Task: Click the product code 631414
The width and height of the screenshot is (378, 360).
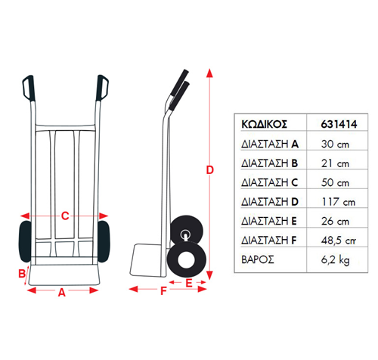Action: pyautogui.click(x=339, y=124)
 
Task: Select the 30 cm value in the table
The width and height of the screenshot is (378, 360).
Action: pyautogui.click(x=335, y=144)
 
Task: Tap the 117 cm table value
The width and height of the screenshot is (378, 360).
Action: pyautogui.click(x=339, y=202)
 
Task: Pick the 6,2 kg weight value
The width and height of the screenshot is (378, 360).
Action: pyautogui.click(x=336, y=260)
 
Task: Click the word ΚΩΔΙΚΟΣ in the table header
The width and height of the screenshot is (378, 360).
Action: pyautogui.click(x=264, y=124)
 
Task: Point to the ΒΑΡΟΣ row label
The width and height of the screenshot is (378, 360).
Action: pyautogui.click(x=258, y=259)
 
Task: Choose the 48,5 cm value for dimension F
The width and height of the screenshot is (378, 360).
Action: pyautogui.click(x=339, y=241)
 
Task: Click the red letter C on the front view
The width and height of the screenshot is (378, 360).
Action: pyautogui.click(x=65, y=216)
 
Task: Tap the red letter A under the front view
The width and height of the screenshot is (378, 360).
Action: pyautogui.click(x=62, y=293)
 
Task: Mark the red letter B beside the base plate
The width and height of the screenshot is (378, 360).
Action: pyautogui.click(x=22, y=274)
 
